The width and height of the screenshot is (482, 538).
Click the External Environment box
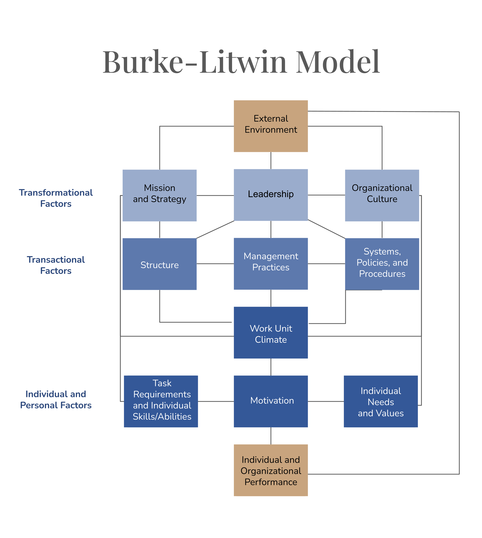tap(271, 126)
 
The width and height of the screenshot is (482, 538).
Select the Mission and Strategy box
tap(159, 195)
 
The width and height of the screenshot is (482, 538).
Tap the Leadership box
tap(271, 195)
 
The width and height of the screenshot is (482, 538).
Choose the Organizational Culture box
tap(382, 195)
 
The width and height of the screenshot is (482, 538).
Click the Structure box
tap(159, 264)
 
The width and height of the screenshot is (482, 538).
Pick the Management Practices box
tap(271, 264)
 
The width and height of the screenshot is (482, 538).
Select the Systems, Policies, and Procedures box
tap(382, 264)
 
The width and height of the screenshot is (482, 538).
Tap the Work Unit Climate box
tap(271, 333)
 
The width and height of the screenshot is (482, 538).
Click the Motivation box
tap(271, 401)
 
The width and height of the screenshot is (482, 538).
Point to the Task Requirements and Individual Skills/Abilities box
tap(161, 401)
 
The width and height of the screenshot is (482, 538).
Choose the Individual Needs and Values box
tap(380, 401)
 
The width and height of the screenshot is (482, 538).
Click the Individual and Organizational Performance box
tap(271, 470)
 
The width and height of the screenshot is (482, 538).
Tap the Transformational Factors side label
tap(56, 198)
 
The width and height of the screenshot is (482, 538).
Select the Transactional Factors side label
tap(56, 265)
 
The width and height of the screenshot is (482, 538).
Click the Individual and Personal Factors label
tap(56, 400)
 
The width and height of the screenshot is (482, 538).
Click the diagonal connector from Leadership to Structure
tap(215, 230)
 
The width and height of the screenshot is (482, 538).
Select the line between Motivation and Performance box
tap(271, 436)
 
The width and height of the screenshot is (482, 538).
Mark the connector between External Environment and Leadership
tap(271, 160)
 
